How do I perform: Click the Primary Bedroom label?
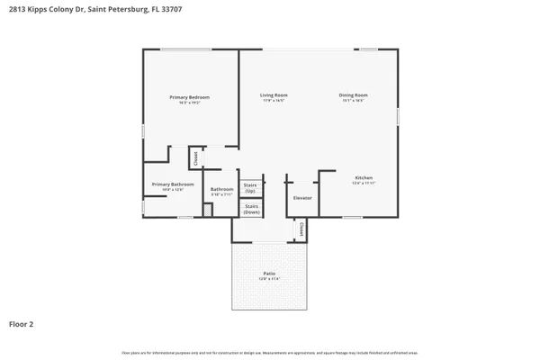point(190,96)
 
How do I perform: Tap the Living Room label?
point(274,94)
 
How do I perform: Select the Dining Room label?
point(353,94)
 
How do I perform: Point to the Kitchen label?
point(364,177)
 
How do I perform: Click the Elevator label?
point(302,197)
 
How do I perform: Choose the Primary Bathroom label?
point(166,184)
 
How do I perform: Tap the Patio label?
point(269,273)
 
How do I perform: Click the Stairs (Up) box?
point(251,186)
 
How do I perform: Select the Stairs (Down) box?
point(251,208)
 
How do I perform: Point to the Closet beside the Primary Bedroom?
point(194,158)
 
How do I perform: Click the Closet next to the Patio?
point(301,230)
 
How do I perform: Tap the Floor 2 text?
point(21,323)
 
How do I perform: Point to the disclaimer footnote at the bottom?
point(269,352)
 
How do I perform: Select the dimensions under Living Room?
point(274,101)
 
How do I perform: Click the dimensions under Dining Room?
point(353,101)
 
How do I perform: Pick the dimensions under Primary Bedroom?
point(190,103)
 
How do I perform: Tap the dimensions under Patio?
point(269,279)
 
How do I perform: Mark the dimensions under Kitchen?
point(364,184)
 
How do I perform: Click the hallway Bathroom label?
point(221,189)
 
